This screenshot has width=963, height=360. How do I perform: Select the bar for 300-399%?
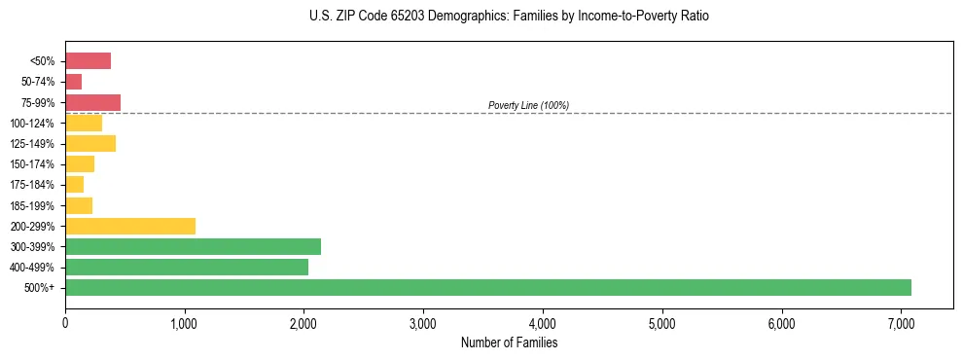pyautogui.click(x=193, y=246)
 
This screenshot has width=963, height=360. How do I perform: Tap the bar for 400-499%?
pyautogui.click(x=187, y=267)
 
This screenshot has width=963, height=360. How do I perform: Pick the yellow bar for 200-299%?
pyautogui.click(x=130, y=226)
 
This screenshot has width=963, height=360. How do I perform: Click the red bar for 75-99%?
pyautogui.click(x=92, y=102)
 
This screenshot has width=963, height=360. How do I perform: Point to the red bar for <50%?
pyautogui.click(x=88, y=61)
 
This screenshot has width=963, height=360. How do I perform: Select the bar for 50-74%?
pyautogui.click(x=74, y=82)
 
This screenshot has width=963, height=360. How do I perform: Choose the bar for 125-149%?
pyautogui.click(x=90, y=143)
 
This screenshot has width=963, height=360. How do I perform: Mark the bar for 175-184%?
pyautogui.click(x=75, y=184)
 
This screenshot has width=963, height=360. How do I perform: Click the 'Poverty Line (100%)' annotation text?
pyautogui.click(x=528, y=105)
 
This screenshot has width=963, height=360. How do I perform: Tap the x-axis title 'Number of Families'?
pyautogui.click(x=509, y=342)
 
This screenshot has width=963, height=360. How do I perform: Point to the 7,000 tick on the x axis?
pyautogui.click(x=901, y=323)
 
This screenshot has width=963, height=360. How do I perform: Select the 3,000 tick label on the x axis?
pyautogui.click(x=423, y=323)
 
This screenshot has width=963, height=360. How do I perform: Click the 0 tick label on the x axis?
pyautogui.click(x=65, y=323)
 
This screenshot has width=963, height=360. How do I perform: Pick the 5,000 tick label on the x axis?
pyautogui.click(x=661, y=323)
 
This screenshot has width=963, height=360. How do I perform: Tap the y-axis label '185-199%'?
pyautogui.click(x=32, y=205)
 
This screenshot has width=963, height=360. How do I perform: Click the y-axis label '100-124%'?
pyautogui.click(x=32, y=123)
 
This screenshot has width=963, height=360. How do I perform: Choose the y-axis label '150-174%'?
pyautogui.click(x=32, y=164)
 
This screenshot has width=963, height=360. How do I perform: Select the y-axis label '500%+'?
pyautogui.click(x=40, y=288)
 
